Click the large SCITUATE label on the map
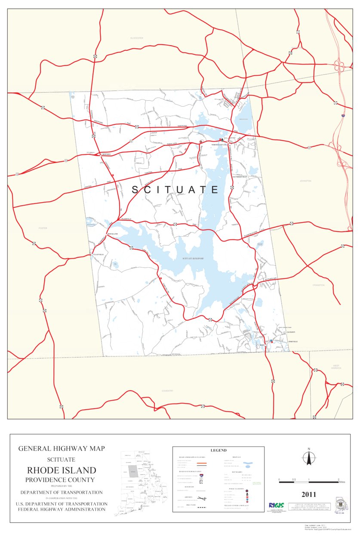tap(175, 190)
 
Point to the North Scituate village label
tap(218, 145)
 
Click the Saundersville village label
tap(240, 177)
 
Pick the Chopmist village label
tap(106, 154)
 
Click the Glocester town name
tap(136, 38)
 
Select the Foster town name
tap(43, 228)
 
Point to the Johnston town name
tap(305, 181)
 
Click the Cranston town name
tap(319, 285)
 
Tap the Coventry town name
tap(167, 391)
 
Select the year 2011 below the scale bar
tap(308, 494)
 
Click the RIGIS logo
tap(276, 505)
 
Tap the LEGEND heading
tap(218, 451)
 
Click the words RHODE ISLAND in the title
tap(62, 470)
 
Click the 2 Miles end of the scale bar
tap(338, 481)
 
